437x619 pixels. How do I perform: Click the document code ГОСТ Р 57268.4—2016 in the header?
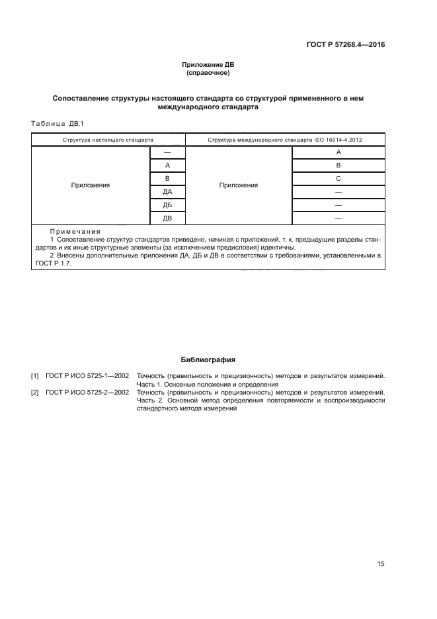[x=346, y=45]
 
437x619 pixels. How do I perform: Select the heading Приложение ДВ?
[x=208, y=65]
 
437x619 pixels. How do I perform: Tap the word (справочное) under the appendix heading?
[x=208, y=72]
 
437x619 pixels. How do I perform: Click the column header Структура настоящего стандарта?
[x=108, y=140]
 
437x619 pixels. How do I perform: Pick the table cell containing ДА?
[x=167, y=192]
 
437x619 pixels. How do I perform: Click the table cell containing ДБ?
[x=167, y=205]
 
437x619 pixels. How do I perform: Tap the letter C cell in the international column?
[x=338, y=179]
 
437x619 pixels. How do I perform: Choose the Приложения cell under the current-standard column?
[x=90, y=185]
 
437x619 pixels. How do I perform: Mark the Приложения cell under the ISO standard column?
[x=238, y=185]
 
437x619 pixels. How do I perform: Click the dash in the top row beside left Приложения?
[x=167, y=152]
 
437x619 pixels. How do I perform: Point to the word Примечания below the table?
[x=74, y=232]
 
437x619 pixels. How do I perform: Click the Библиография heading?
[x=208, y=360]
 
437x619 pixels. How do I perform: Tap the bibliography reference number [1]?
[x=34, y=376]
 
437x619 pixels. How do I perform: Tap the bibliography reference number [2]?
[x=34, y=393]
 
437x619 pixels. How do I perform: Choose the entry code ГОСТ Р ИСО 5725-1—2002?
[x=87, y=376]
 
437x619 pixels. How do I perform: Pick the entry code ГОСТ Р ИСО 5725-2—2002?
[x=87, y=393]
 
